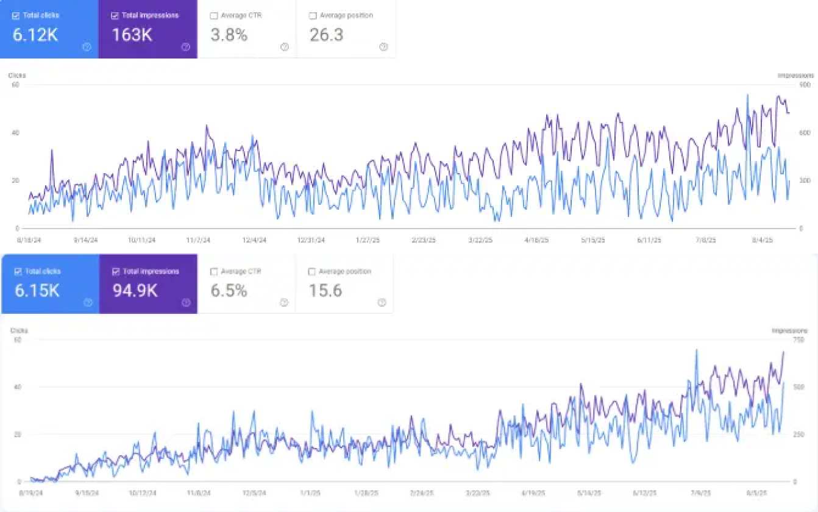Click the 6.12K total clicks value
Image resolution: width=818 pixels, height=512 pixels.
(x=35, y=35)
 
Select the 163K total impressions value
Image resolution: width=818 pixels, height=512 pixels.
(x=132, y=35)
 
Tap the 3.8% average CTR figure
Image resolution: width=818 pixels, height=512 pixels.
(x=229, y=35)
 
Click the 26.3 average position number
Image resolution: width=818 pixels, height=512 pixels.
(x=326, y=35)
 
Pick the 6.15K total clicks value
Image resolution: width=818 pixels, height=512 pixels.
(x=37, y=291)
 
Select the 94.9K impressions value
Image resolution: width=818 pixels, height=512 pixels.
(x=135, y=291)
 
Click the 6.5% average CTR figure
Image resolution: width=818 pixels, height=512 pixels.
(x=229, y=291)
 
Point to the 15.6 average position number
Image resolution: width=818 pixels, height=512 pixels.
(x=325, y=291)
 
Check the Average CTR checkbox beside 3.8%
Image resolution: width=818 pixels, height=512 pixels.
(x=213, y=16)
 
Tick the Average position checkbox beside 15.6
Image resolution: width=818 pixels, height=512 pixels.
(x=313, y=272)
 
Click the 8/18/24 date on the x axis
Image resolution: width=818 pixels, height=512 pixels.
(x=29, y=240)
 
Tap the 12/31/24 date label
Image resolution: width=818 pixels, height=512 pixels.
(x=311, y=240)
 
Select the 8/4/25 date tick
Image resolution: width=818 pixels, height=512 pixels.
(x=762, y=240)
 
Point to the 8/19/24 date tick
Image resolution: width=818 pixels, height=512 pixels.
(x=30, y=492)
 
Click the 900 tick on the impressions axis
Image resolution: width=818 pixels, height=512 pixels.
(x=805, y=85)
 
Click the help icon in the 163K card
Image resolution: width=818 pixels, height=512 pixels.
(x=186, y=47)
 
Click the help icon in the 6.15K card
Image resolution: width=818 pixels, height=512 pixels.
(x=87, y=302)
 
